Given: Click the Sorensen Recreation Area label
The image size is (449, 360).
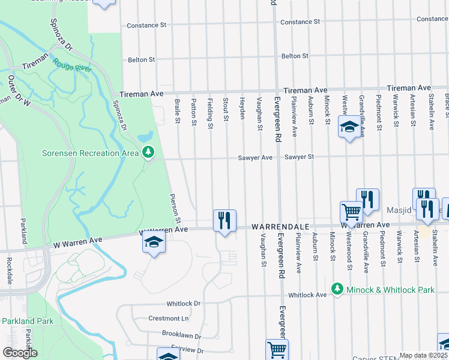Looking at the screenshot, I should pos(89,153).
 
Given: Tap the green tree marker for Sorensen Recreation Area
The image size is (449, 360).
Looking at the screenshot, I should pos(148,153).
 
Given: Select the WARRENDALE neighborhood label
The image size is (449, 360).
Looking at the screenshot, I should pos(280,227).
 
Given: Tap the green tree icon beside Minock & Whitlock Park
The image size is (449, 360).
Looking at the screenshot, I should pos(337,289).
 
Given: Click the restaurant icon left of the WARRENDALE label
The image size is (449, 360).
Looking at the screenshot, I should pos(224,220).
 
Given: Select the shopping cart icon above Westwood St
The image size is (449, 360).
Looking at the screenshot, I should pos(351,211).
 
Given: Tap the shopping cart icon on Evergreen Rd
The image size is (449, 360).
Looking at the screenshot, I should pos(277,349).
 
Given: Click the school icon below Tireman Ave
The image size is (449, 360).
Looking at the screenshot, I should pos(349,127).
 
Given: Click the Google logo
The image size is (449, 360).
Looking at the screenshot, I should pos(20,353).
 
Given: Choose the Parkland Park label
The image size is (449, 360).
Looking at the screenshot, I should pos(27,321).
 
